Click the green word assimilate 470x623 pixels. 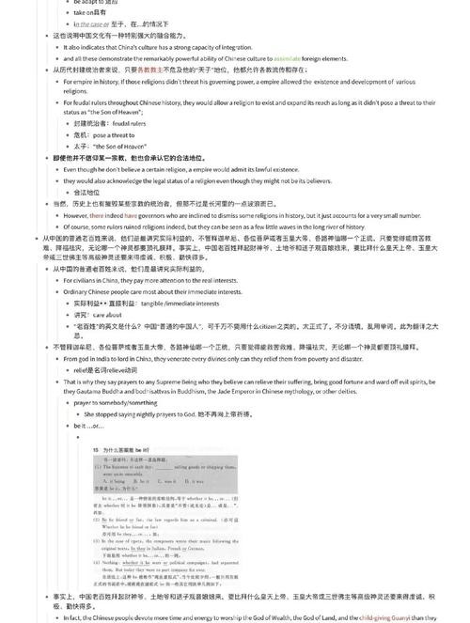point(287,57)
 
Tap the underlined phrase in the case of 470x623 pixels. point(97,23)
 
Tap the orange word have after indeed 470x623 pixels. point(131,214)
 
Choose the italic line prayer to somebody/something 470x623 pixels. point(118,402)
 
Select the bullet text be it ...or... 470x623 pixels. point(89,425)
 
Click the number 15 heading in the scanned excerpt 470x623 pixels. point(97,449)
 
